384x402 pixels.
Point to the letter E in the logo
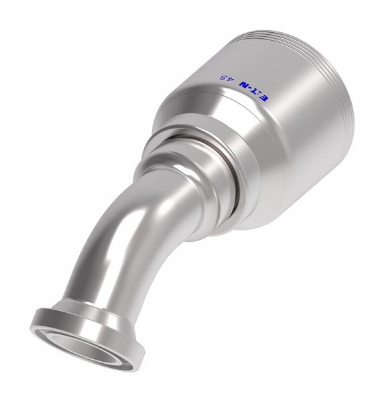point(263,98)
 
